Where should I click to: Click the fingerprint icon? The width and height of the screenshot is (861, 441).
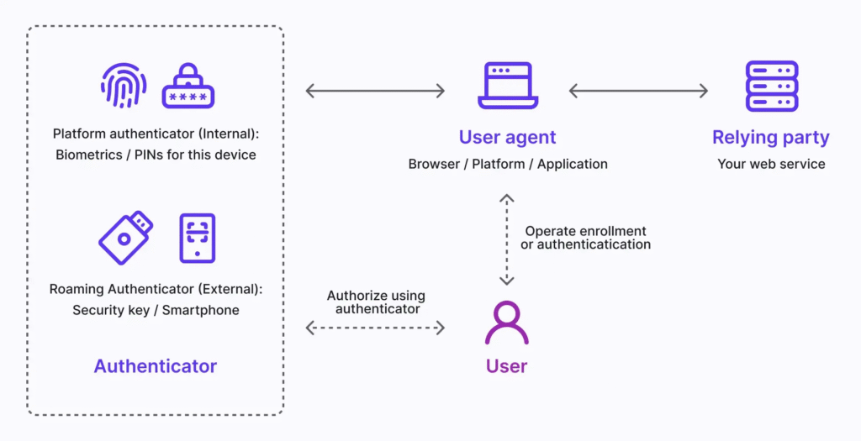tap(124, 86)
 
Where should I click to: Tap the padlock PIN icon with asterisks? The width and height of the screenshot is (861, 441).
tap(188, 86)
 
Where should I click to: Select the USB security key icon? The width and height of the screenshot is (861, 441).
tap(126, 237)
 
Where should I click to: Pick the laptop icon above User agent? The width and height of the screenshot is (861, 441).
tap(507, 86)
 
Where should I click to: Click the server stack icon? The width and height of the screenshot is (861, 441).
tap(771, 86)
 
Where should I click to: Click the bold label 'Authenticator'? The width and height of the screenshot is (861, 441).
tap(156, 366)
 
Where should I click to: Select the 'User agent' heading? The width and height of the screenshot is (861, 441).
tap(507, 138)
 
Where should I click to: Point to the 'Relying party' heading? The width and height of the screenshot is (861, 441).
tap(771, 138)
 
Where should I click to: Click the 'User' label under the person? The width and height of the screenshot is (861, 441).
tap(506, 366)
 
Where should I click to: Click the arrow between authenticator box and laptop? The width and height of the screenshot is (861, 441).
tap(375, 91)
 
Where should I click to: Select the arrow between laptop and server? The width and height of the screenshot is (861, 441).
tap(638, 91)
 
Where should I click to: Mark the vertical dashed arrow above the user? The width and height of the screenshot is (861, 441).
tap(506, 239)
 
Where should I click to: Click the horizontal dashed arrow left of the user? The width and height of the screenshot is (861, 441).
tap(375, 328)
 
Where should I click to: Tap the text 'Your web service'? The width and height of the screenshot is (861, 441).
tap(771, 164)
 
